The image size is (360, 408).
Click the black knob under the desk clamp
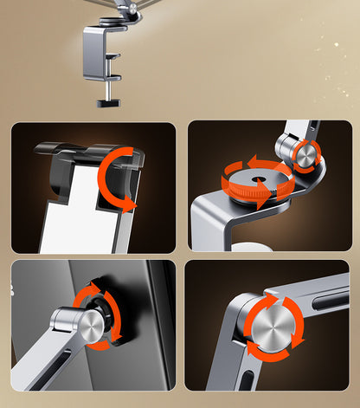click(x=109, y=104)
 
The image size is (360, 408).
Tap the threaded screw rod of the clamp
click(x=109, y=88)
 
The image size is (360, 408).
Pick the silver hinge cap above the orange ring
click(x=305, y=153)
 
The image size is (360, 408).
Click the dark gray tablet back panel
click(x=43, y=295)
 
